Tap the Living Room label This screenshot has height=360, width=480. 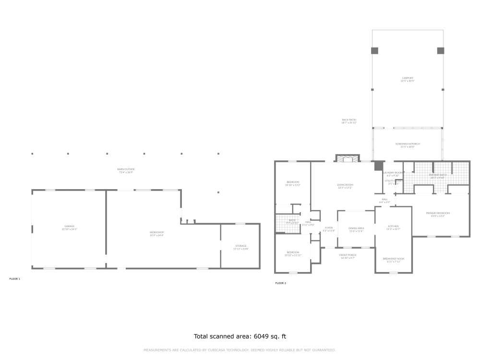pos(345,186)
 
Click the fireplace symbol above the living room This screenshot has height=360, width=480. pos(347,159)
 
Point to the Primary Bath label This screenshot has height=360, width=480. pos(438,176)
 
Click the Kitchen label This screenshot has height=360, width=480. pos(393,228)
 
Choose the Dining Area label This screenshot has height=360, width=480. pos(356,229)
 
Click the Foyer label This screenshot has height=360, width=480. pos(328,229)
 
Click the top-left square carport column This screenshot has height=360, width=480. pos(374,50)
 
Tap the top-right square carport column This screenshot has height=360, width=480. pos(441,50)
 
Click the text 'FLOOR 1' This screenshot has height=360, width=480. pos(15,278)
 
